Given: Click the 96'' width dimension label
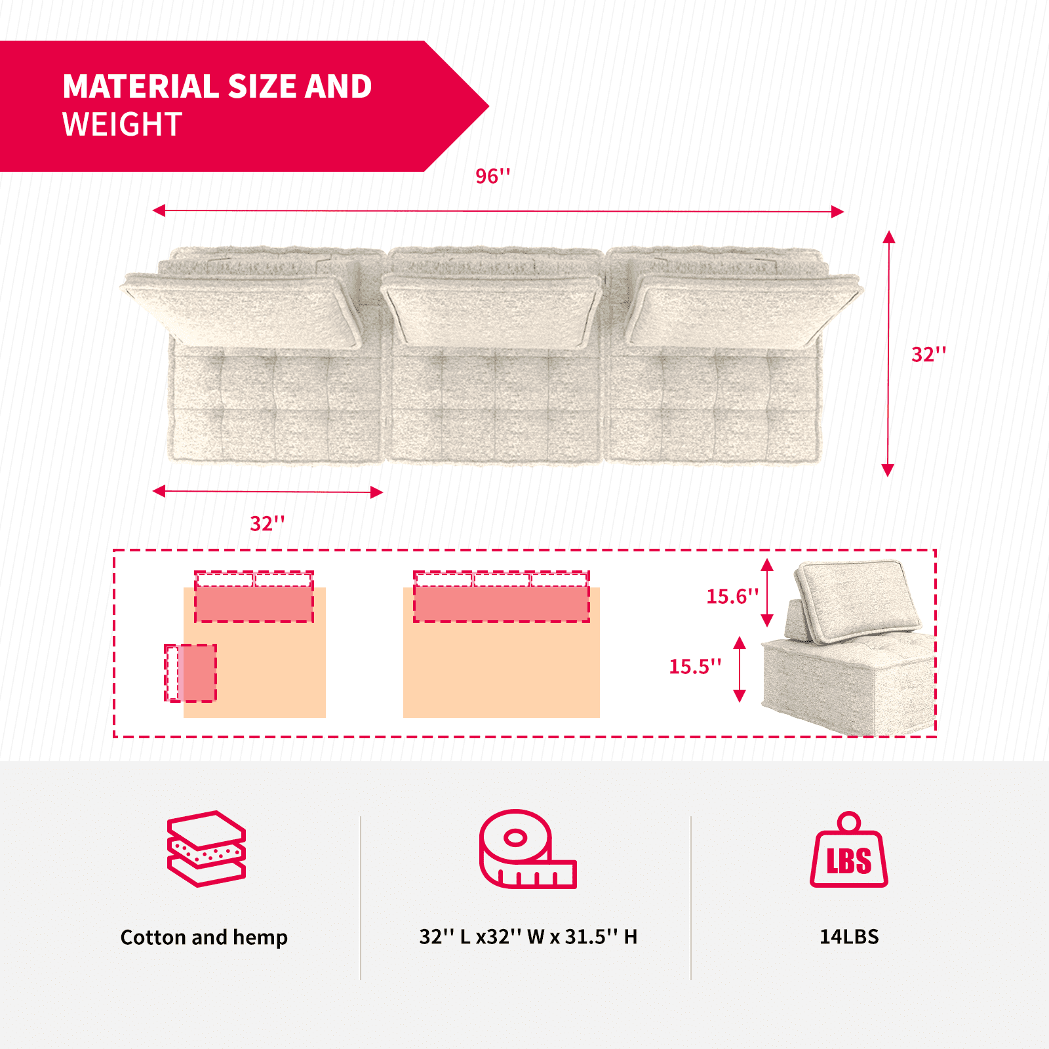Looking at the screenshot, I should tap(492, 176).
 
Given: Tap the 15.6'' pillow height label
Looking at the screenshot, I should tap(732, 596).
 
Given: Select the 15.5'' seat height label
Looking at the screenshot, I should tap(694, 666).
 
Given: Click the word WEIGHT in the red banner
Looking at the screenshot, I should tap(122, 125).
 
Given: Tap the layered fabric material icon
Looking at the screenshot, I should tap(207, 849).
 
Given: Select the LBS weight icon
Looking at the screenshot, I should tap(849, 850).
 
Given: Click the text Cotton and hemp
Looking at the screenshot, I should tap(204, 937).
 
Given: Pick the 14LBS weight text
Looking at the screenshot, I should tap(849, 936).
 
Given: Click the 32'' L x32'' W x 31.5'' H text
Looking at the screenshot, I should tap(528, 936).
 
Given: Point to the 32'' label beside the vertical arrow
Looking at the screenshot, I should tap(928, 354).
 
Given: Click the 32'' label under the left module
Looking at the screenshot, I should tap(267, 523).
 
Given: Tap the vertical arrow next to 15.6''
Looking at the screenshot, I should tap(767, 593).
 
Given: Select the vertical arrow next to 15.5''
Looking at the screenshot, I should tap(740, 669).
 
